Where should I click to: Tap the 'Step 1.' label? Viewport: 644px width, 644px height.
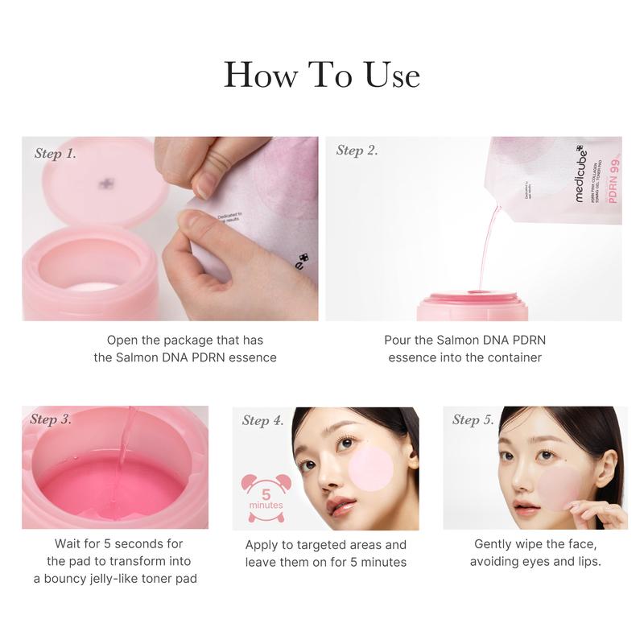56,153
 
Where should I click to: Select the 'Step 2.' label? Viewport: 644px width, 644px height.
357,151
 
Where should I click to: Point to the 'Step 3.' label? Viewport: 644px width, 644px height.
51,419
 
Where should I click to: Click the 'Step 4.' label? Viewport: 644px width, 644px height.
262,420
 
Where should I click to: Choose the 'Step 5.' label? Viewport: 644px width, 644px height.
473,419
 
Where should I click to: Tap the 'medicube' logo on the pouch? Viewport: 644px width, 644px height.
580,173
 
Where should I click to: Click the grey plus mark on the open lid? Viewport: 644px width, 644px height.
105,184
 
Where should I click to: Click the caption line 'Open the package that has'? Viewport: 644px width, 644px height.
184,341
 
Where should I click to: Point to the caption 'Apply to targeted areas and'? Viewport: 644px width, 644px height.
326,545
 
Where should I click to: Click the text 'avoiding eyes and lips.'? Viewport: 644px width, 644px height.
535,561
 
